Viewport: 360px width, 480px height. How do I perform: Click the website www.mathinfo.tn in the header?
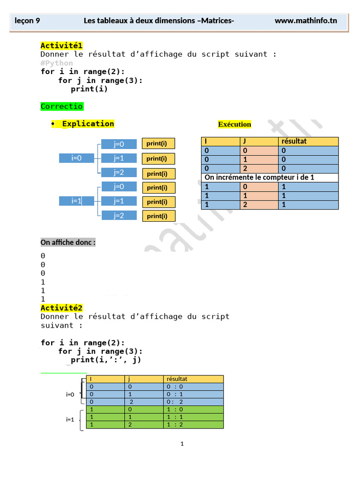(x=306, y=21)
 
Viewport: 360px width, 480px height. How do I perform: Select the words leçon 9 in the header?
(x=27, y=21)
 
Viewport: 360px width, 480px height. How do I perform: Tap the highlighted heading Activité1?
(x=61, y=45)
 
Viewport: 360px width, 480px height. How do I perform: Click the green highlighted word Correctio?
(x=62, y=106)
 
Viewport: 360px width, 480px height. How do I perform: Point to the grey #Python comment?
(x=57, y=63)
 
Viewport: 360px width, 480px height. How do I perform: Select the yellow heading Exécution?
(x=234, y=124)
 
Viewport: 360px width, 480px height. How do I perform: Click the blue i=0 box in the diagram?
(x=76, y=158)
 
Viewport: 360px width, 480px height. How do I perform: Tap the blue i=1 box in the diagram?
(x=76, y=201)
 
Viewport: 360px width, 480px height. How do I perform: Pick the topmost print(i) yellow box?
(x=158, y=143)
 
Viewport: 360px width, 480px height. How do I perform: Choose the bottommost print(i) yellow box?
(x=159, y=216)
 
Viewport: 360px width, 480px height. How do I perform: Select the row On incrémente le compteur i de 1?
(x=270, y=178)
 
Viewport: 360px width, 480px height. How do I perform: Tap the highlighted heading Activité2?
(x=61, y=308)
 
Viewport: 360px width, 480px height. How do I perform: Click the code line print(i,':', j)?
(x=105, y=360)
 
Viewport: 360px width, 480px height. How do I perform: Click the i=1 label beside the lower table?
(x=70, y=420)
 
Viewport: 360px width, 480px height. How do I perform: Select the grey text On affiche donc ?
(x=68, y=242)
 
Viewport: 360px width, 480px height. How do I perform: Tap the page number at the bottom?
(x=182, y=443)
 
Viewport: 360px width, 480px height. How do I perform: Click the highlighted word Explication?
(x=88, y=124)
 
